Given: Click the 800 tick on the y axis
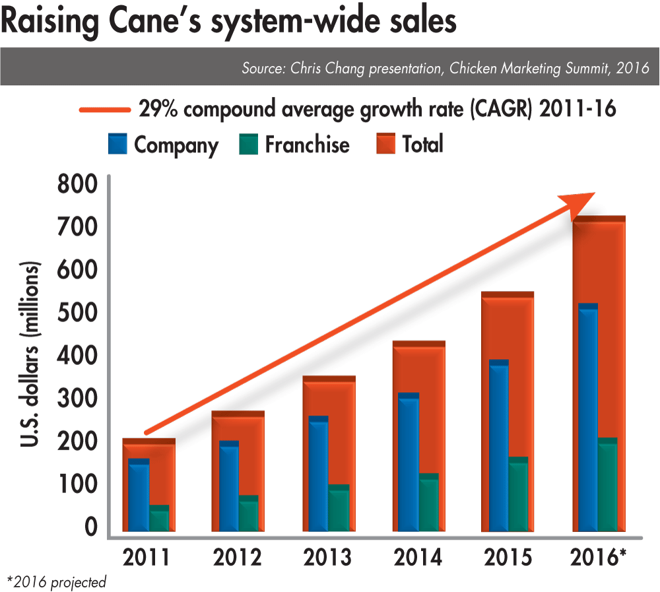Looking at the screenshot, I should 77,184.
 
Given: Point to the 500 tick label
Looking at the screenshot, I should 77,313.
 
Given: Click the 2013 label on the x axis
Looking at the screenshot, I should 328,558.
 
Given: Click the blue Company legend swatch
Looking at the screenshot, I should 117,144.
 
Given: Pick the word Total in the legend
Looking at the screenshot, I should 422,144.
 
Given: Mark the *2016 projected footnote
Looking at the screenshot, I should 56,581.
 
